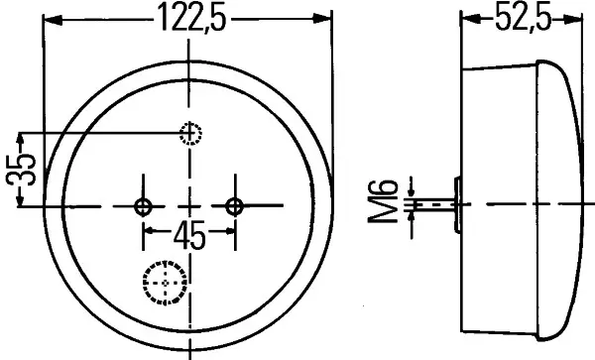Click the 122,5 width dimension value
click(192, 18)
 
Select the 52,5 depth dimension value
click(523, 18)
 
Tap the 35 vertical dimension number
click(21, 170)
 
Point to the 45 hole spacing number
click(189, 237)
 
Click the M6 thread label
click(383, 201)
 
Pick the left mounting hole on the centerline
click(143, 206)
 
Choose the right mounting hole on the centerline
click(234, 206)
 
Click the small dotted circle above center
click(190, 134)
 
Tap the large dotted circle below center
click(165, 283)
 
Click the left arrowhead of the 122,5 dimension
click(54, 20)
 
